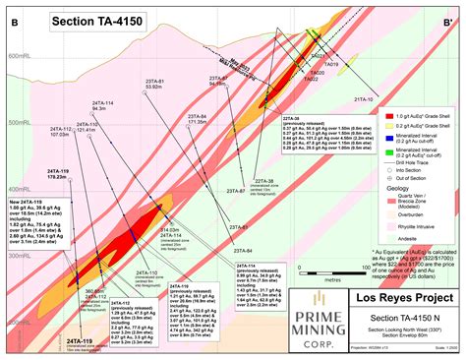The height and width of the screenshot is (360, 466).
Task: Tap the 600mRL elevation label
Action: pyautogui.click(x=19, y=56)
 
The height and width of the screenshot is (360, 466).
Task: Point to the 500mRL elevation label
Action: pyautogui.click(x=19, y=122)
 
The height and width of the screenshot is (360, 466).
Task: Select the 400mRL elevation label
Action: pyautogui.click(x=19, y=189)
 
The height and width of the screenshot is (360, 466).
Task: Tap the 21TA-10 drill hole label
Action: pyautogui.click(x=363, y=99)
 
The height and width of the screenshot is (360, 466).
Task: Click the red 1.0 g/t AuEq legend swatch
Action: pyautogui.click(x=386, y=115)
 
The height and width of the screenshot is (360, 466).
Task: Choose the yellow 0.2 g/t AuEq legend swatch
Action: pyautogui.click(x=386, y=129)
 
